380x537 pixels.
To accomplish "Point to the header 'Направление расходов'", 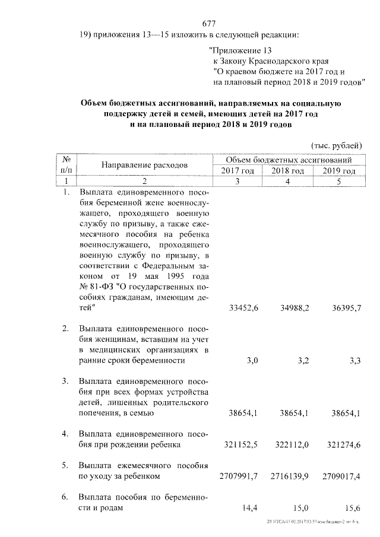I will coord(144,165).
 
